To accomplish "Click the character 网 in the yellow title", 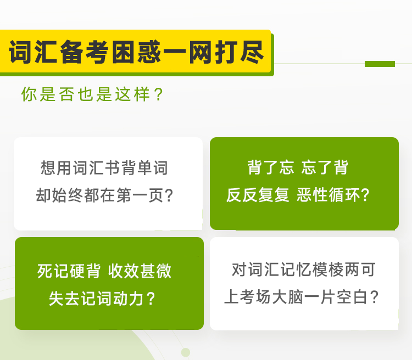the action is point(200,52).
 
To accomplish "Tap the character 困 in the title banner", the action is point(123,52).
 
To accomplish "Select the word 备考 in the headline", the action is point(85,52).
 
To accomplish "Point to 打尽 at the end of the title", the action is point(239,52).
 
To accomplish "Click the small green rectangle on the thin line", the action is point(380,64).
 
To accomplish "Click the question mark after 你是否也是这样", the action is point(159,94).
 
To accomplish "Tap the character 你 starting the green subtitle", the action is point(29,94).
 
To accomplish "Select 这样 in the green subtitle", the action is point(132,94).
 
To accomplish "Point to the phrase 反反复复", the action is point(258,195).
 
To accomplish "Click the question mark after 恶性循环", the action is point(365,195).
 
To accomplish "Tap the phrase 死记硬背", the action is point(69,271).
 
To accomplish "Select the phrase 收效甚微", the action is point(140,271).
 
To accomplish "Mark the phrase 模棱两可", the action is point(344,269).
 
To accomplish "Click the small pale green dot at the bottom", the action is point(186,352).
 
